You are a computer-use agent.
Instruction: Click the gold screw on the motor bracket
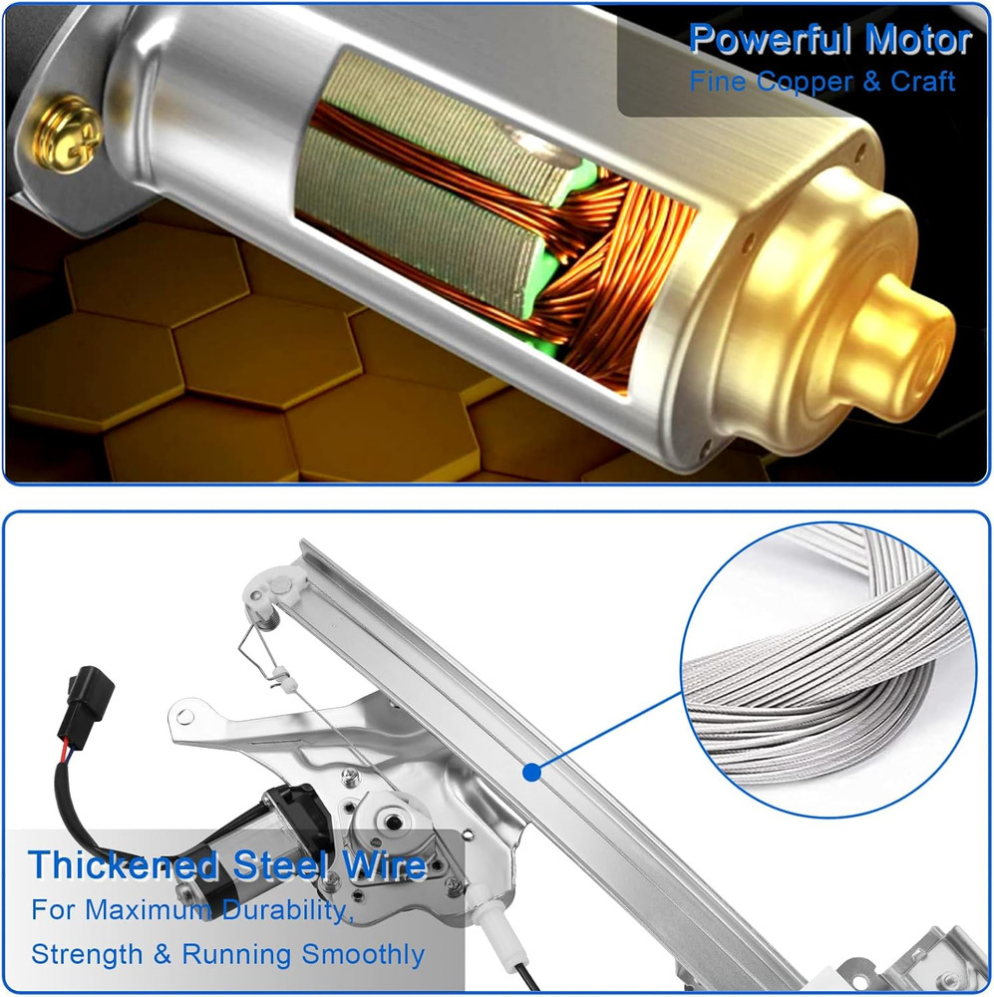click(x=68, y=135)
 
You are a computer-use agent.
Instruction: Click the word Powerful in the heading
click(x=771, y=40)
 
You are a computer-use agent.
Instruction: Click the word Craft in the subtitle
click(x=923, y=81)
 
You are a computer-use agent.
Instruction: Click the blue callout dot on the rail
click(x=531, y=773)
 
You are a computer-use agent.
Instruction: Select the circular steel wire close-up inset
click(x=828, y=670)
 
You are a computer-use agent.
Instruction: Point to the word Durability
click(x=287, y=910)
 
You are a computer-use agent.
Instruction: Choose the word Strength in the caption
click(x=87, y=954)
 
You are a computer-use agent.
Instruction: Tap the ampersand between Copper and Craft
click(x=872, y=82)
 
